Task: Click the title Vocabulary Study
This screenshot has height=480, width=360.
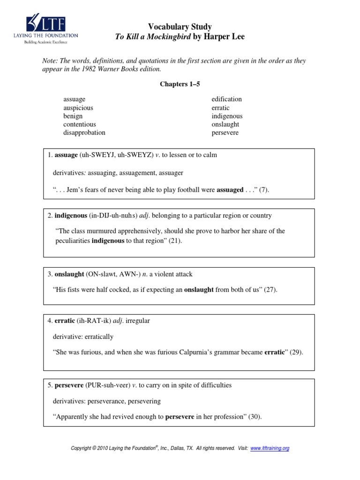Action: pyautogui.click(x=180, y=27)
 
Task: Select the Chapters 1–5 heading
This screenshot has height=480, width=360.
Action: pyautogui.click(x=180, y=84)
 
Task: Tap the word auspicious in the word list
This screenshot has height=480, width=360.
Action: pyautogui.click(x=78, y=108)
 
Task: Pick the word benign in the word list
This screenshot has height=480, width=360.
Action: pyautogui.click(x=73, y=116)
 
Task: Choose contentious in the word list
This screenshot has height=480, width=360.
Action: pyautogui.click(x=80, y=125)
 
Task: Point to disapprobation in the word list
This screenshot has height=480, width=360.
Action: pyautogui.click(x=84, y=133)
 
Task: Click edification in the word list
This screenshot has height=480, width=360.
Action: pyautogui.click(x=227, y=99)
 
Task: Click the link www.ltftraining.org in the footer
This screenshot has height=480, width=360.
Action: pyautogui.click(x=270, y=449)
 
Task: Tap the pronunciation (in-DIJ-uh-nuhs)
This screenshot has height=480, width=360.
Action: pyautogui.click(x=112, y=216)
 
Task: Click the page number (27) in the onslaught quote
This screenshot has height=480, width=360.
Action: pyautogui.click(x=270, y=290)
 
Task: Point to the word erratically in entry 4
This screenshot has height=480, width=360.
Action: pyautogui.click(x=98, y=337)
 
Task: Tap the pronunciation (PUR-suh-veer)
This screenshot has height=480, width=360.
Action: pyautogui.click(x=107, y=385)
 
